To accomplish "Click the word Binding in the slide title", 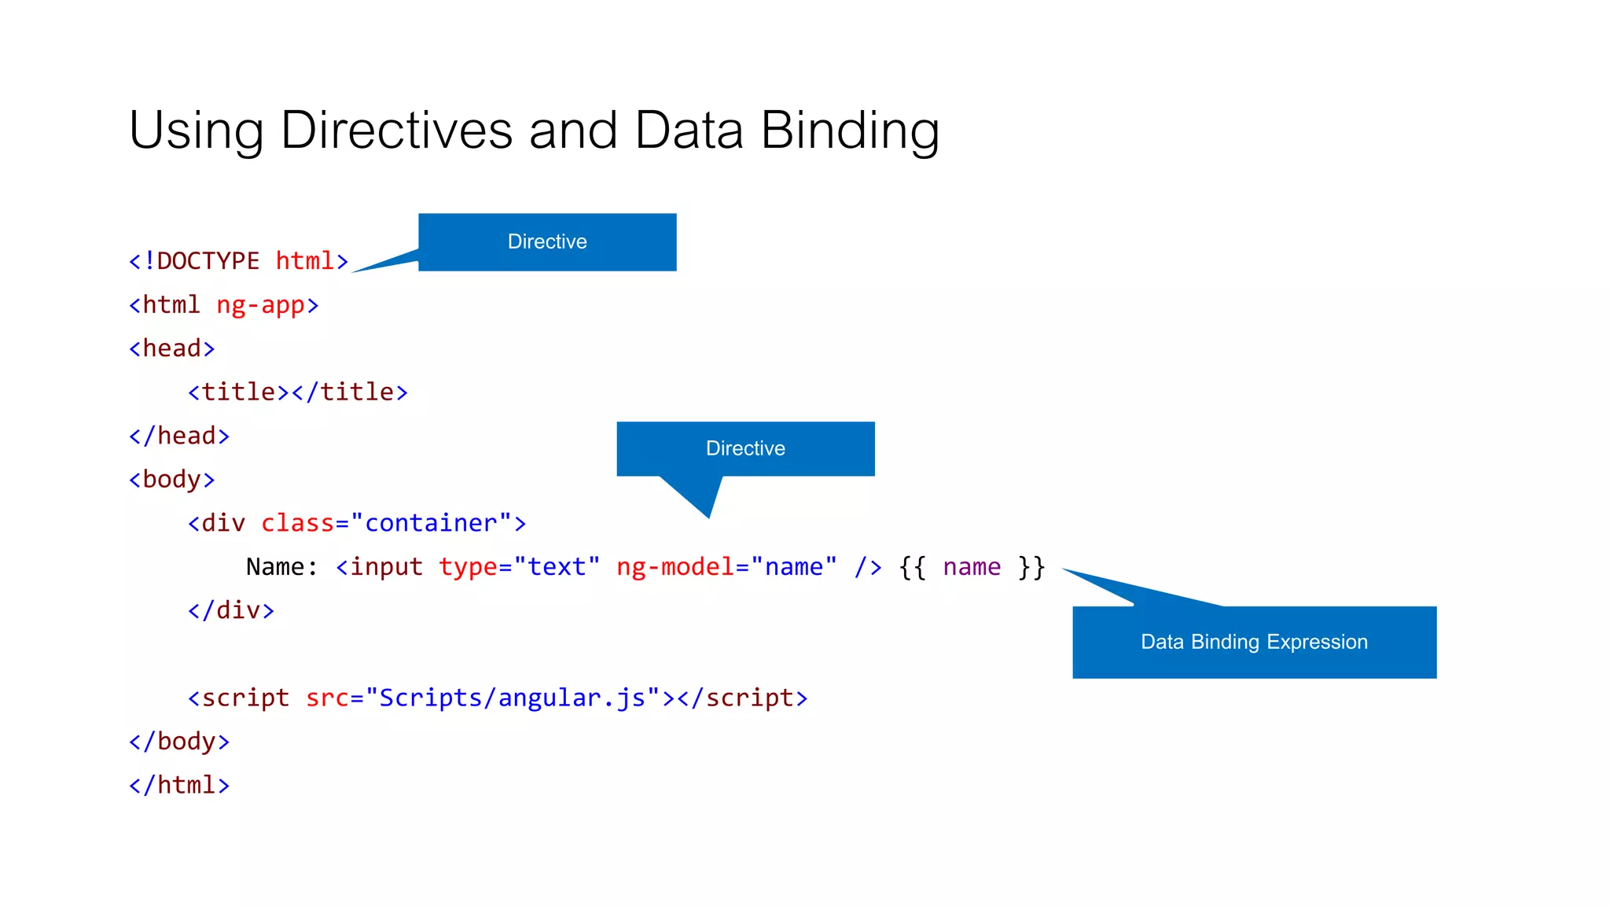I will pos(850,131).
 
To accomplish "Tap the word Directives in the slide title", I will pos(396,131).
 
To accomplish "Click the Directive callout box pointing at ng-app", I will pos(547,241).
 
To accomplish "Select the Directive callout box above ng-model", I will pos(745,448).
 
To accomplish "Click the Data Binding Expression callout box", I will pos(1254,642).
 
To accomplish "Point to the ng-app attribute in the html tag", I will pos(260,305).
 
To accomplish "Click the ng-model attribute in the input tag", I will pos(675,567).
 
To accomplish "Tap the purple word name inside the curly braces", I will pos(972,567).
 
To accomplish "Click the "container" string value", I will pos(431,523).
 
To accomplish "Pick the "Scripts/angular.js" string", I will pos(512,698).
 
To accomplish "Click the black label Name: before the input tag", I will pos(281,567).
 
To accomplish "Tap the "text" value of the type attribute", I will pos(557,567).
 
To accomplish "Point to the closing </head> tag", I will pos(179,436).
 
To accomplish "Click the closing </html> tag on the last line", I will pos(179,785).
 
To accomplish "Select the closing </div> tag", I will pos(231,610).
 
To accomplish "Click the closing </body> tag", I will pos(179,742).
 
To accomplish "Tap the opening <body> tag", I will pos(171,480).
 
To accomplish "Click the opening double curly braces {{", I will pos(913,567).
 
